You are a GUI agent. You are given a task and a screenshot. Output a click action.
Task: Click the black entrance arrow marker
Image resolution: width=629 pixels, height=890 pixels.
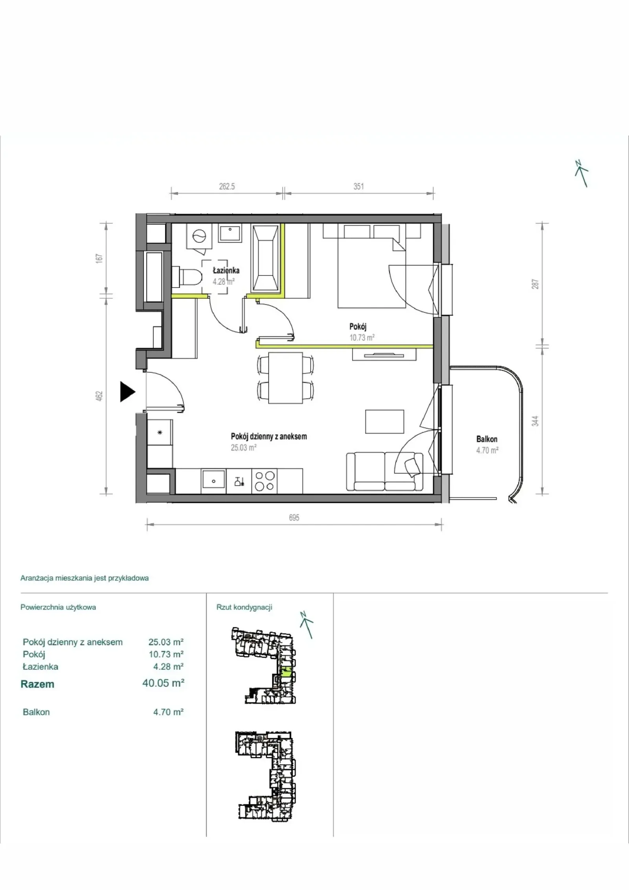point(127,392)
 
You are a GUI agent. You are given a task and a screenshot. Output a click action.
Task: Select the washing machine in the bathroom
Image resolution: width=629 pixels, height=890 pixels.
point(199,236)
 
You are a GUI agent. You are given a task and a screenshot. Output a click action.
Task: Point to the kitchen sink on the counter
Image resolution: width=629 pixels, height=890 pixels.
point(213,481)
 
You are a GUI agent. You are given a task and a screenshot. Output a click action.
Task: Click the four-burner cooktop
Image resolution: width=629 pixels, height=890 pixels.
point(264,481)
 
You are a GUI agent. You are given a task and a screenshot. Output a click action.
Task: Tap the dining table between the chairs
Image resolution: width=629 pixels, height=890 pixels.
point(285,378)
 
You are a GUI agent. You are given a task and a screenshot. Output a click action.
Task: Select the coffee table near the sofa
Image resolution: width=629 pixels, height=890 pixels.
point(384,421)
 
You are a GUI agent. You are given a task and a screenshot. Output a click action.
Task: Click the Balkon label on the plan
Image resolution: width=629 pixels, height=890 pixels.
point(487,439)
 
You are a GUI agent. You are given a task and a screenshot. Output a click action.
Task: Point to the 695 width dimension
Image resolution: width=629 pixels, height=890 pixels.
point(294,518)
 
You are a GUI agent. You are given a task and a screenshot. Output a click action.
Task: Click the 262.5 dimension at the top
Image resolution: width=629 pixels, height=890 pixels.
point(227,186)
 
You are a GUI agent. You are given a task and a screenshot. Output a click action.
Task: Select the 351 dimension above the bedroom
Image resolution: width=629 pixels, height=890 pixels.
point(359,186)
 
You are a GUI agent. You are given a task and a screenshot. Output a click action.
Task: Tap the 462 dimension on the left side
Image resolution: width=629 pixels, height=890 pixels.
point(99,396)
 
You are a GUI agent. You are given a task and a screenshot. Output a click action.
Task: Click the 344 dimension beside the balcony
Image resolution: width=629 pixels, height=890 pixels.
point(535,421)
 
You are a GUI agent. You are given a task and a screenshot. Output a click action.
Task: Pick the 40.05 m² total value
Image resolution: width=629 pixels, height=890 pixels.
point(163,683)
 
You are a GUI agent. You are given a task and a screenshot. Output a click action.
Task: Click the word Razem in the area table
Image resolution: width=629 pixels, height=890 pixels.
point(37,684)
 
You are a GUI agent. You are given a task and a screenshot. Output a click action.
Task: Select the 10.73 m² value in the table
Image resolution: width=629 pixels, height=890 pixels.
point(166,654)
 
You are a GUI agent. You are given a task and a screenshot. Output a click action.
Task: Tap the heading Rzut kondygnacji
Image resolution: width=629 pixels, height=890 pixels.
point(244,607)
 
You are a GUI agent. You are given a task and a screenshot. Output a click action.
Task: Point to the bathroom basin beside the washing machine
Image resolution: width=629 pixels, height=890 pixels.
point(230,234)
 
